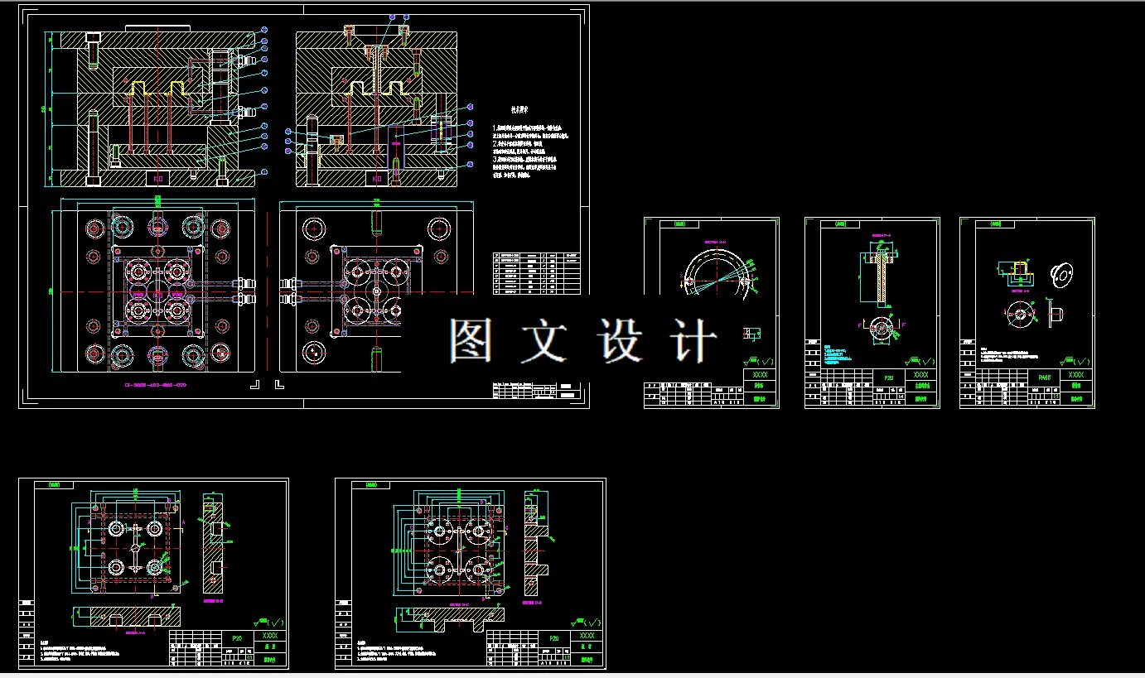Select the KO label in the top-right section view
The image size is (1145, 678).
(377, 178)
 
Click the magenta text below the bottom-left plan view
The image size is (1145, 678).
(156, 385)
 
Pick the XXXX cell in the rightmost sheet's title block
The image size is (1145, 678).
(1075, 375)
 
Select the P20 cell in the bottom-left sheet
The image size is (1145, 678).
(237, 638)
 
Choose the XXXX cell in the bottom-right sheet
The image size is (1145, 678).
(587, 636)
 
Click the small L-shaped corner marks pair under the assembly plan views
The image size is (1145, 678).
(268, 385)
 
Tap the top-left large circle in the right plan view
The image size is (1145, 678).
(314, 228)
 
